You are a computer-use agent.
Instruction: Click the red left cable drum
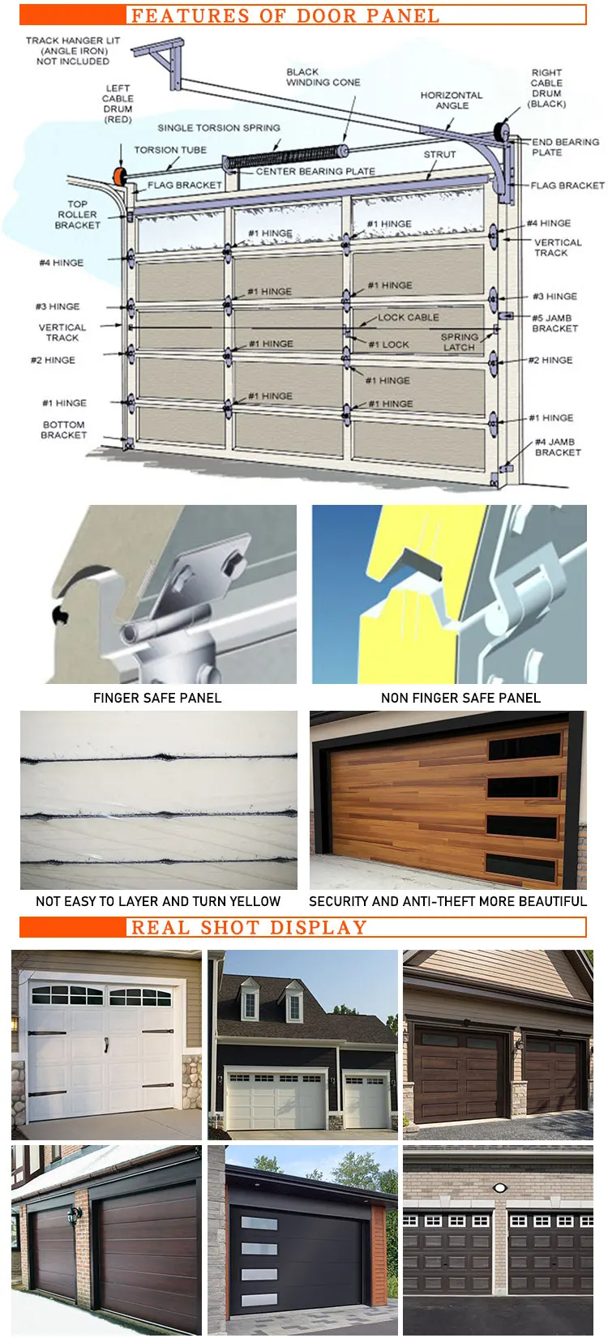(x=120, y=176)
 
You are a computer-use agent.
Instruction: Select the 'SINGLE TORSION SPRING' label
(x=219, y=128)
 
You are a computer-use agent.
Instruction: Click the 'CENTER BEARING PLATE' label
(x=315, y=172)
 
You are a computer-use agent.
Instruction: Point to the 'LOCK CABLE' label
(x=408, y=317)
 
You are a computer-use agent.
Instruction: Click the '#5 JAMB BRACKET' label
(x=554, y=323)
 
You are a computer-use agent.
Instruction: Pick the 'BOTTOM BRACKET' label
(x=64, y=430)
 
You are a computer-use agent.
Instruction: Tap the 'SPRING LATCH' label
(x=460, y=342)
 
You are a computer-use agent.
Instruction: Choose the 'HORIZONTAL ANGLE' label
(x=452, y=100)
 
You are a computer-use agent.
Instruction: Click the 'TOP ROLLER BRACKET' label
(x=77, y=215)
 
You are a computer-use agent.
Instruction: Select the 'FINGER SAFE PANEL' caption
(x=157, y=698)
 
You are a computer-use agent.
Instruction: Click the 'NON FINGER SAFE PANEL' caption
(x=460, y=698)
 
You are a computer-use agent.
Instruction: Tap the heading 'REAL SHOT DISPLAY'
(x=248, y=927)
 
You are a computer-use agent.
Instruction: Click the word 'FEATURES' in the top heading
(x=190, y=15)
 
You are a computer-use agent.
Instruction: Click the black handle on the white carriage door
(x=106, y=1045)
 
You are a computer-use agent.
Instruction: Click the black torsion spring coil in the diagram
(x=283, y=156)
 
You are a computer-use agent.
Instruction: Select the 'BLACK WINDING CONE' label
(x=323, y=77)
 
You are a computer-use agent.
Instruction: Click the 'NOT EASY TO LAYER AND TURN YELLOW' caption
(x=158, y=901)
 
